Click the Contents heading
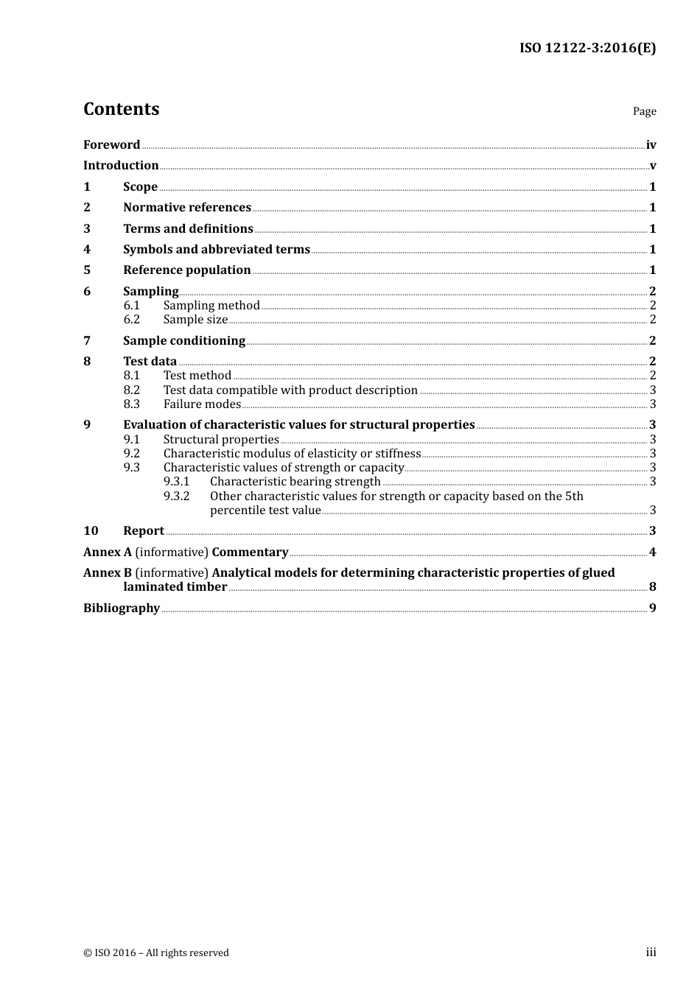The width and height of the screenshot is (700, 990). pos(121,109)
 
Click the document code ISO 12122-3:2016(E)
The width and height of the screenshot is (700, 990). pos(587,49)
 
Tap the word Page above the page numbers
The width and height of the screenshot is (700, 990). pos(644,111)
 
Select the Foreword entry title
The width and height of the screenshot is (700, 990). pos(111,145)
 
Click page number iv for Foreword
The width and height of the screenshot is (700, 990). pos(651,145)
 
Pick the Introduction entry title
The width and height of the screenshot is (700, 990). pos(121,166)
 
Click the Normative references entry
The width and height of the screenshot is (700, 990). pos(187,208)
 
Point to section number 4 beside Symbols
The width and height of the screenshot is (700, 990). pos(87,250)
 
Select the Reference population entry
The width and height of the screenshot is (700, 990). pos(187,270)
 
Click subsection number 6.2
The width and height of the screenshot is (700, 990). pos(132,320)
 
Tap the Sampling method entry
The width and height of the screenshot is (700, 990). pos(211,306)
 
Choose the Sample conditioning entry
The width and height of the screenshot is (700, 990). pos(184,341)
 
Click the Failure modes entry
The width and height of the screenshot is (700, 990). pos(203,404)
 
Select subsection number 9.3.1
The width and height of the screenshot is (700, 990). pos(177,482)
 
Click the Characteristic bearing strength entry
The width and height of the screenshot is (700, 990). pos(295,482)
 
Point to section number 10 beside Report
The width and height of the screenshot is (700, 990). pos(91,531)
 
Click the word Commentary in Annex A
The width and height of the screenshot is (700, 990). pos(250,552)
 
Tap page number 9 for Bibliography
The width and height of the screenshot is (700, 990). pos(652,608)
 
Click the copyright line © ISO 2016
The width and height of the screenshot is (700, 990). pos(156,953)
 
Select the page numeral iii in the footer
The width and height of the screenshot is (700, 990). pos(651,952)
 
